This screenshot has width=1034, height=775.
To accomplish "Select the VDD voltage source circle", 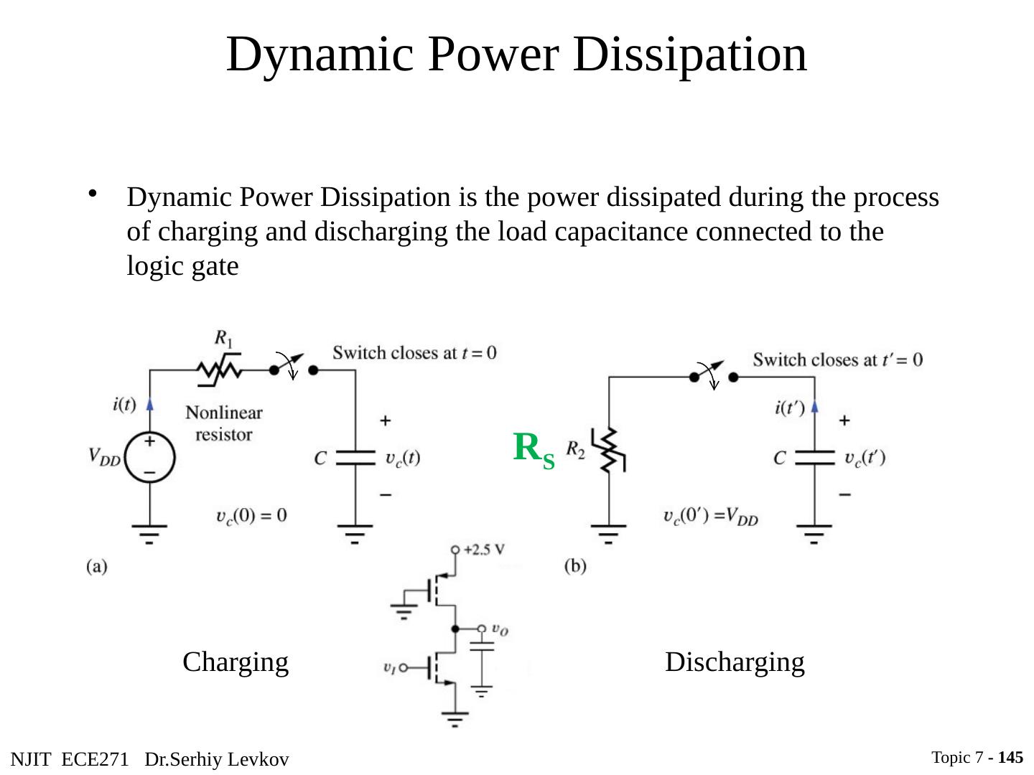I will (x=149, y=457).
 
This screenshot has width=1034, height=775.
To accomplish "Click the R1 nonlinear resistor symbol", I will (x=220, y=370).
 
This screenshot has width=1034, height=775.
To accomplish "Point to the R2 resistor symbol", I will (x=609, y=451).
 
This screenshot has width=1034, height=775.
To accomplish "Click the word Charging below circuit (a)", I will (x=236, y=662).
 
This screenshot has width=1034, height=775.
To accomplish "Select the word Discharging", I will (x=735, y=662).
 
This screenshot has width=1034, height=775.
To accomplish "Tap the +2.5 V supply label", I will (x=484, y=550).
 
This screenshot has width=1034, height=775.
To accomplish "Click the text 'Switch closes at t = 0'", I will (x=414, y=352).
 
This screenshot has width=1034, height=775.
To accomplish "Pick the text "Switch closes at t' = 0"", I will (x=837, y=360).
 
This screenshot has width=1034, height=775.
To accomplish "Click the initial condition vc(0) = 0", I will (x=251, y=515).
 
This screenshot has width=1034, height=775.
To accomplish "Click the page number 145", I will (x=1010, y=757).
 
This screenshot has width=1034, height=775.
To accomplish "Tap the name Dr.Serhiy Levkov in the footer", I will (x=216, y=759).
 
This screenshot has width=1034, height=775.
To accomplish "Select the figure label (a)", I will (x=97, y=566).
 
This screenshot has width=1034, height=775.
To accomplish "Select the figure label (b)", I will (x=575, y=566).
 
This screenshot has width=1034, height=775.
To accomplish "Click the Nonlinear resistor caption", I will (x=224, y=423).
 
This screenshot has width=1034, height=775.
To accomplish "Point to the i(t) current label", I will (x=124, y=404).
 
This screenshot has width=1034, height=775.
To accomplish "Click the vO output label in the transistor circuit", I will (x=500, y=629).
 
